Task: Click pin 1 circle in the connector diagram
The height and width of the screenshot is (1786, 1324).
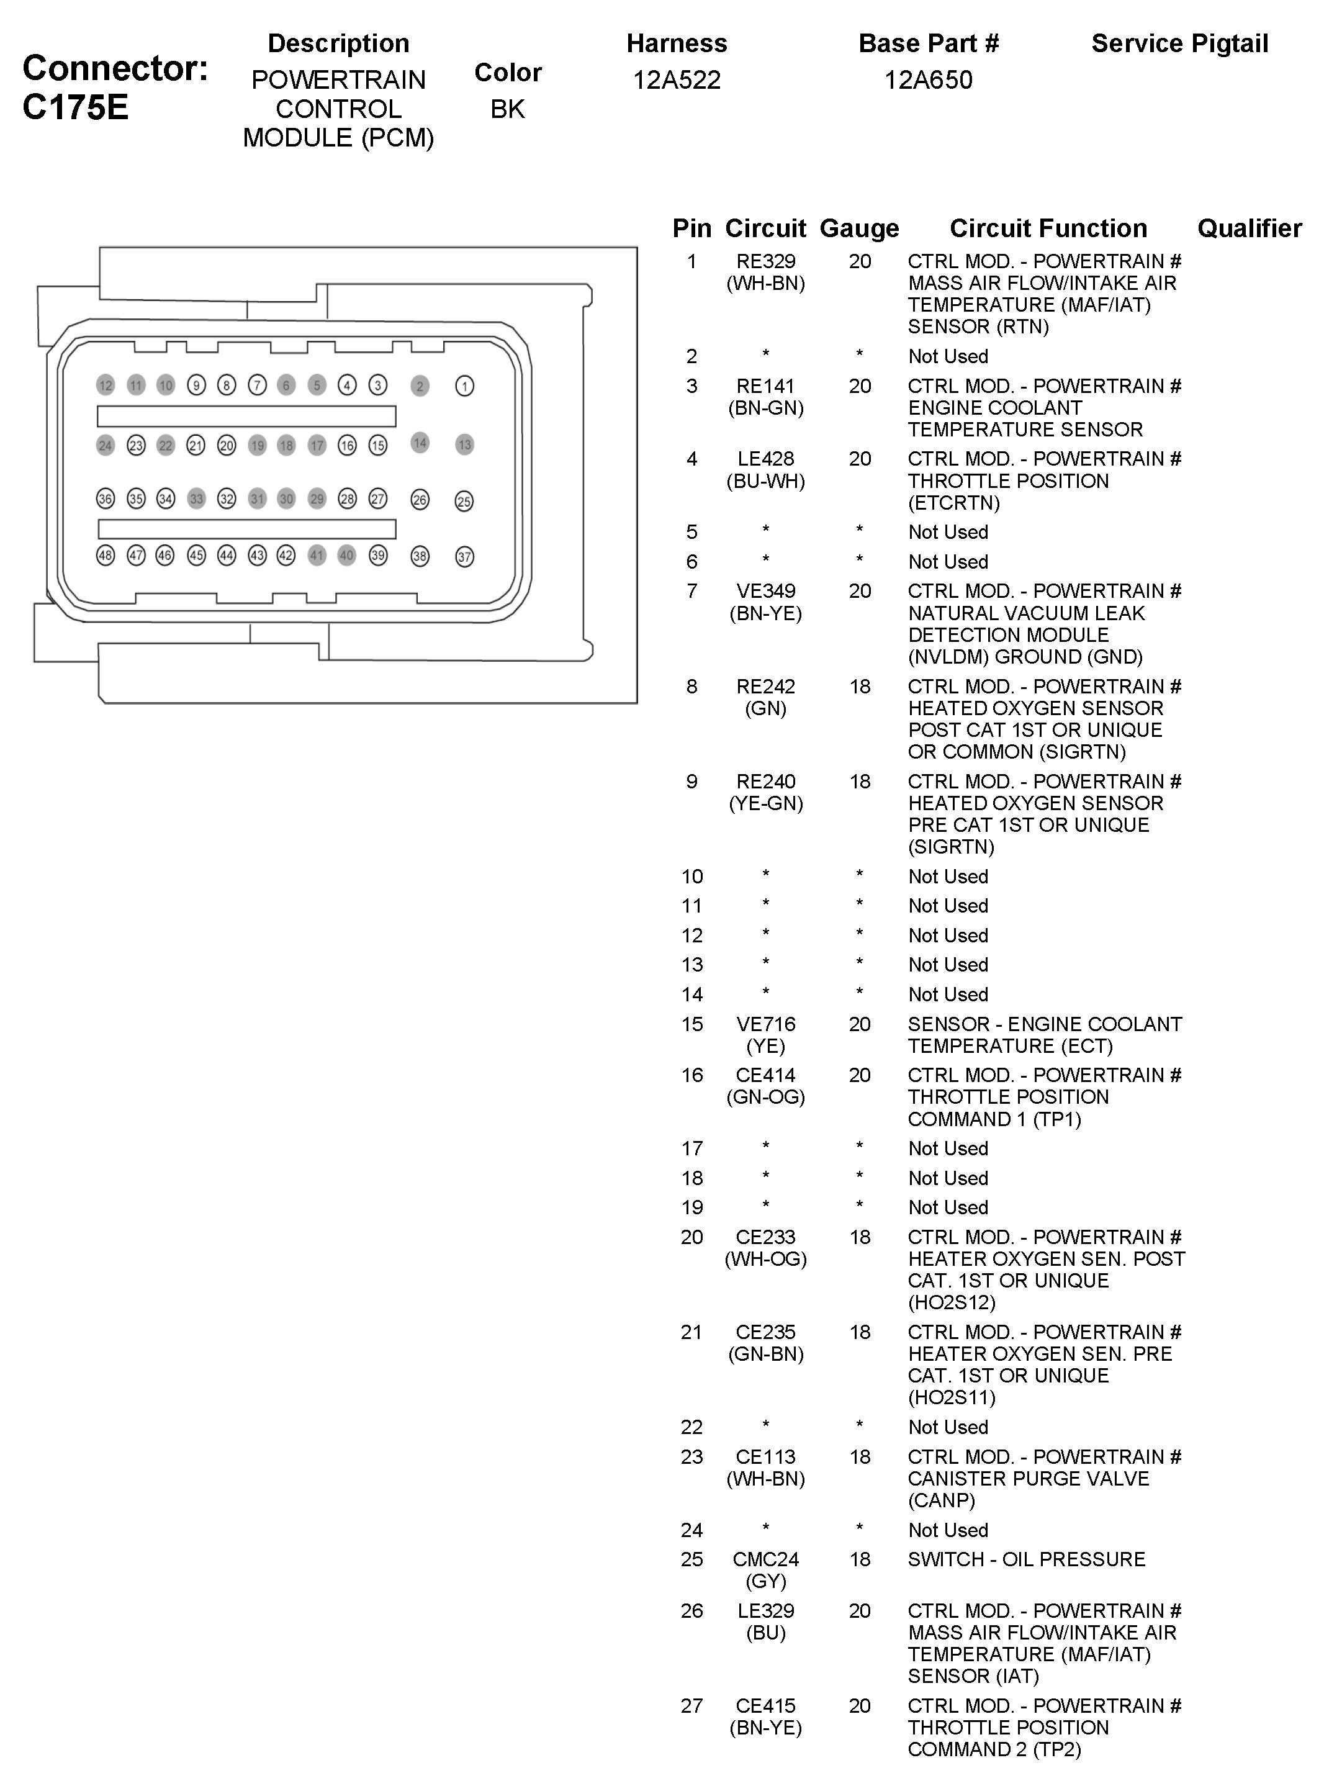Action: tap(464, 386)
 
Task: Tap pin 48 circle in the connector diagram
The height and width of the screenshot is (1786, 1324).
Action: tap(105, 555)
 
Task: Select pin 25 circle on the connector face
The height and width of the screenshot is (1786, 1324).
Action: tap(464, 501)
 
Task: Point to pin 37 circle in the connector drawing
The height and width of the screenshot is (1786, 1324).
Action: tap(464, 556)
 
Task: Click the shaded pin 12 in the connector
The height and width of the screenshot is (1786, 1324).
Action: tap(105, 386)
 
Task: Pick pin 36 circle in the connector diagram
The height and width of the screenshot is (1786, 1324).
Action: tap(105, 498)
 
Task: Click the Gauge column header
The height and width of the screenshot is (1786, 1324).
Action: tap(859, 228)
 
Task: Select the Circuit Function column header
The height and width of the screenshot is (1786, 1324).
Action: tap(1048, 228)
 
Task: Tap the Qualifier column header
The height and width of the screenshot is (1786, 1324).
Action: tap(1249, 228)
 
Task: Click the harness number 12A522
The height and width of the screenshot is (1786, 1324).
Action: tap(677, 80)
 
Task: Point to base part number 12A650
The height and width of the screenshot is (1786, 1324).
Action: tap(928, 80)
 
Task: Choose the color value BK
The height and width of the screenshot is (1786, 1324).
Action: tap(507, 109)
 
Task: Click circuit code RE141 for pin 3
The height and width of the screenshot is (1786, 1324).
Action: tap(765, 386)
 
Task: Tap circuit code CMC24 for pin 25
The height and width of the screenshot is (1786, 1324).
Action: tap(765, 1559)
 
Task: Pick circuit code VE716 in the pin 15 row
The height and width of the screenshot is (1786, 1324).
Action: tap(765, 1024)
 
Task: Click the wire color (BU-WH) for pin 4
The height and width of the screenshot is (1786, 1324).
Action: tap(765, 481)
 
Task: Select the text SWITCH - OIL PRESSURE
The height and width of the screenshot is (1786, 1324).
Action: tap(1026, 1559)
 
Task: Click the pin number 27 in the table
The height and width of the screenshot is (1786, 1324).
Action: tap(691, 1706)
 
